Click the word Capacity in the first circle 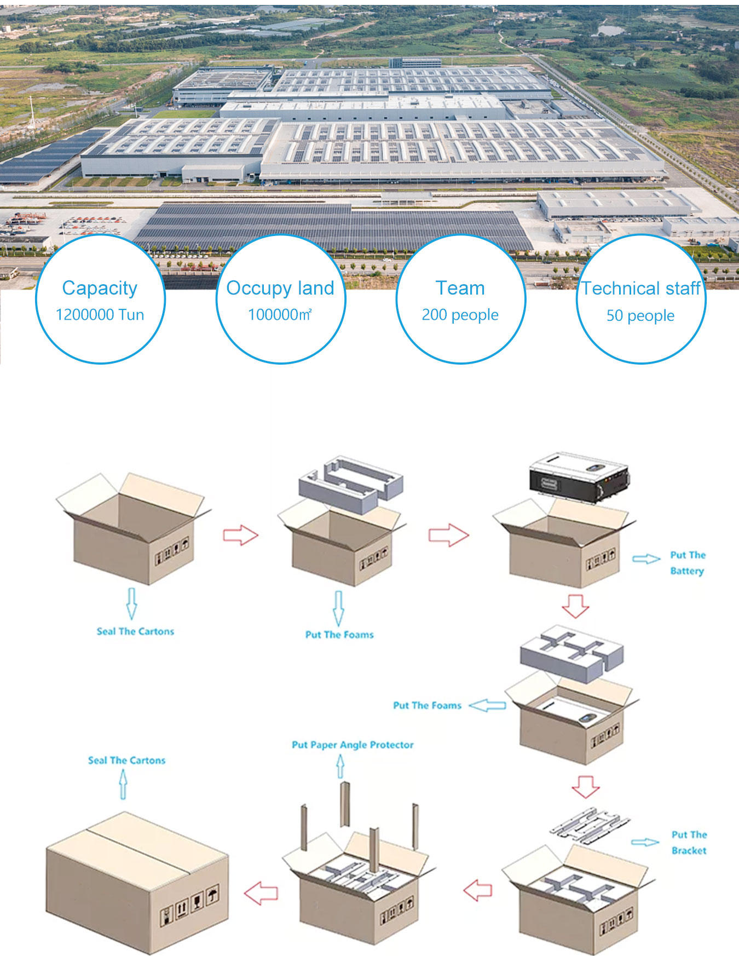(x=100, y=288)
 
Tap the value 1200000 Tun (x=100, y=315)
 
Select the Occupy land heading (x=280, y=288)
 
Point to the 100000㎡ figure (x=280, y=315)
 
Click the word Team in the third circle (x=460, y=288)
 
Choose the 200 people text (x=460, y=315)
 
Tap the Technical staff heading (x=640, y=288)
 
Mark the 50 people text (x=640, y=315)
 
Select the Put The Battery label (x=688, y=563)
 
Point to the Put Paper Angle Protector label (x=353, y=745)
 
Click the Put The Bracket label (x=689, y=843)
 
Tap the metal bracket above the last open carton (x=590, y=825)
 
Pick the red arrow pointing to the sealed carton (x=261, y=893)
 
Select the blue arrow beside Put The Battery (x=646, y=559)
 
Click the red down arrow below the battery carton (x=575, y=606)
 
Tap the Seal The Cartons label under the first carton (x=135, y=631)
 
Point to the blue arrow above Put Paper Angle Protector (x=340, y=766)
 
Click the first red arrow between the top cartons (x=240, y=535)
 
